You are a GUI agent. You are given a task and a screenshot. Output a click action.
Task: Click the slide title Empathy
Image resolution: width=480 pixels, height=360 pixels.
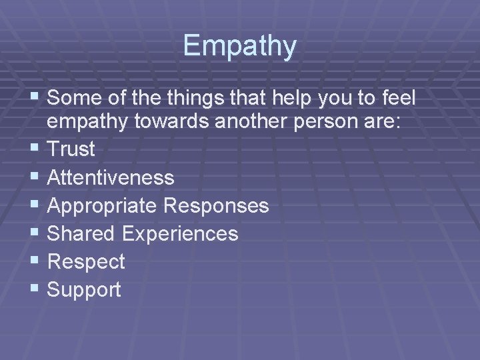240,46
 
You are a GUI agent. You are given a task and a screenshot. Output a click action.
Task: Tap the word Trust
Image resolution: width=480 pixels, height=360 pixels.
71,149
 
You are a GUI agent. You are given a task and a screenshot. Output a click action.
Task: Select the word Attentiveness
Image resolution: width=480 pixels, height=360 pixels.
111,177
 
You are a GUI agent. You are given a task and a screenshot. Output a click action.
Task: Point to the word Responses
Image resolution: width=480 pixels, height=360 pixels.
215,205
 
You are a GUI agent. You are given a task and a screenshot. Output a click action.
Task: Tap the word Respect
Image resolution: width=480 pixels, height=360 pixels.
86,262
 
